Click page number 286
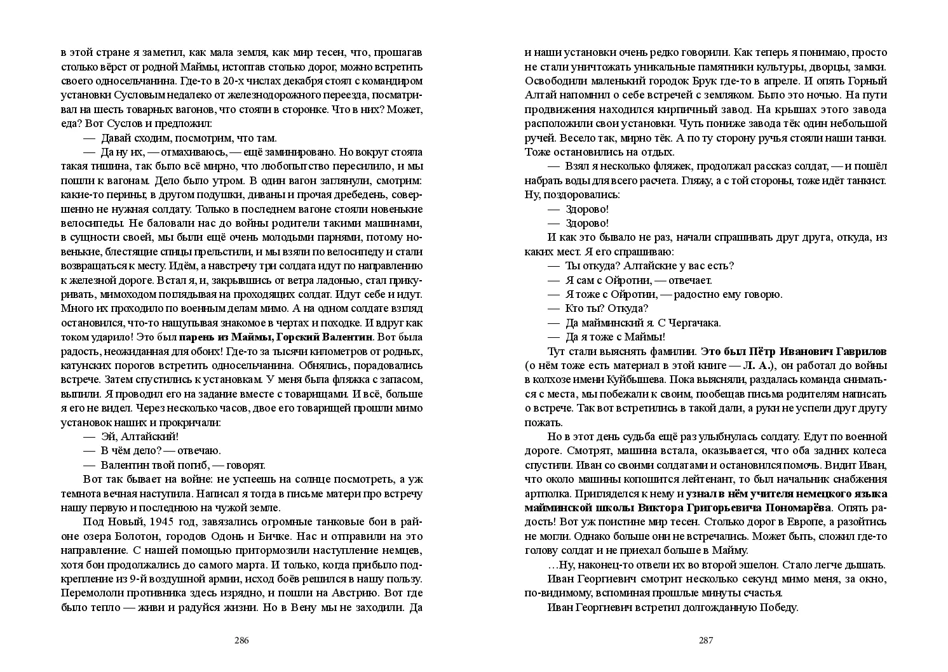pyautogui.click(x=241, y=640)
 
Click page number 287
pyautogui.click(x=706, y=640)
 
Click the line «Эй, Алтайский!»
pyautogui.click(x=140, y=436)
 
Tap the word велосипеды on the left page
pyautogui.click(x=90, y=223)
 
